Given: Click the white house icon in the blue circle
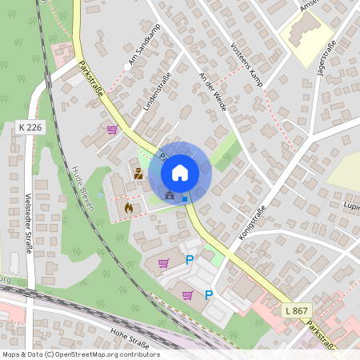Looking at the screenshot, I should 180,172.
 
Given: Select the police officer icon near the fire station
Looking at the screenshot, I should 138,172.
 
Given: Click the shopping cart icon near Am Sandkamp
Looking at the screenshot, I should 112,129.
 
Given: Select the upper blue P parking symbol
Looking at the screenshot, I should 190,260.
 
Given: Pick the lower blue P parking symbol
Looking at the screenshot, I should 209,294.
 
